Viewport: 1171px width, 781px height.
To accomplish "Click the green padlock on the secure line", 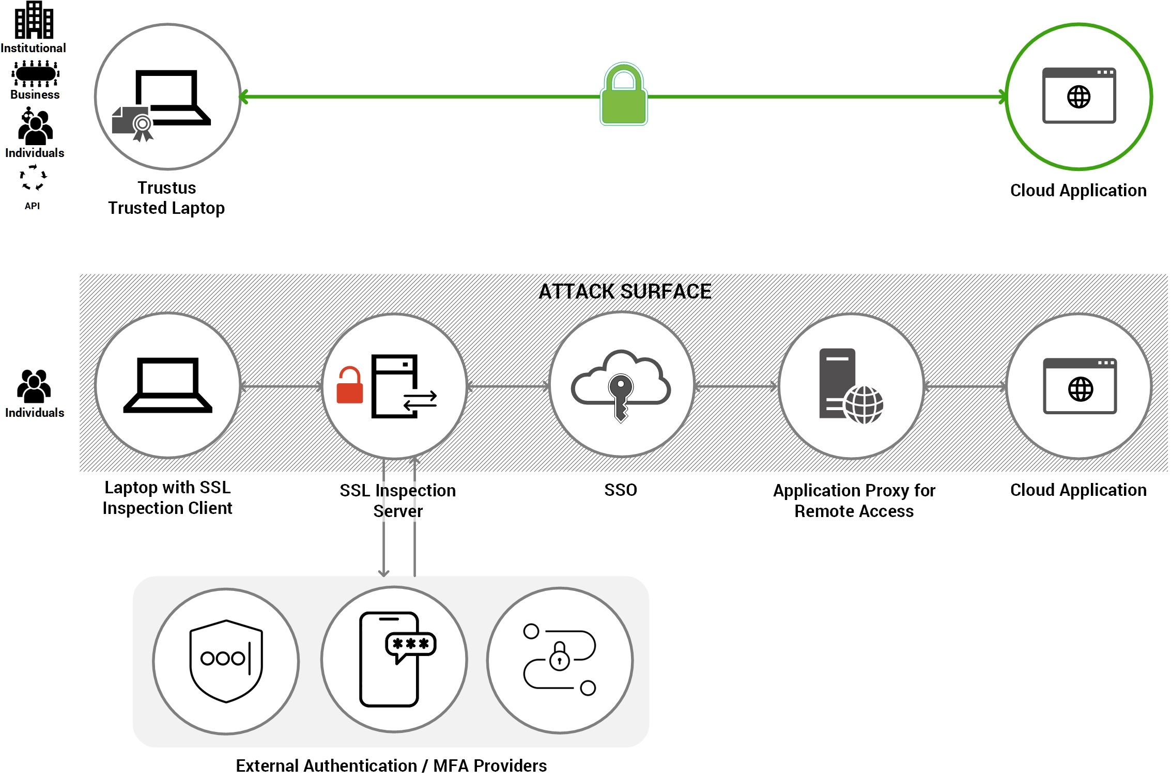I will point(624,95).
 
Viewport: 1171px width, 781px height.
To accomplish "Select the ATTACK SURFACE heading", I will point(625,292).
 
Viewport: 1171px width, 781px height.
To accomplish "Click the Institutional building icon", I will point(34,20).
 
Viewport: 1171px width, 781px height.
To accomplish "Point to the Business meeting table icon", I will point(35,74).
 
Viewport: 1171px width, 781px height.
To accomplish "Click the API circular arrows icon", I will point(33,178).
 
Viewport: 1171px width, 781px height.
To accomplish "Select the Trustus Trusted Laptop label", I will point(166,198).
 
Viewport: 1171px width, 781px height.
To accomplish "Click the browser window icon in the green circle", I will point(1079,96).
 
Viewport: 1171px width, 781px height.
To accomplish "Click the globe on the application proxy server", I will point(864,405).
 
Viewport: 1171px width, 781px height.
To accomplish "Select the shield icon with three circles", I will point(226,661).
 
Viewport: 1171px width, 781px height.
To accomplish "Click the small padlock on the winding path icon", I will point(560,657).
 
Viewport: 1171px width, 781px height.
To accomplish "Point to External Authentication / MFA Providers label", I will point(391,766).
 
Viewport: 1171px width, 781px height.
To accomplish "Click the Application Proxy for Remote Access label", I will point(854,501).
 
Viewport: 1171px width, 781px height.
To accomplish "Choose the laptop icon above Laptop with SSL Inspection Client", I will point(167,385).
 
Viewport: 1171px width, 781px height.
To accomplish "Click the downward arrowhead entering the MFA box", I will point(383,572).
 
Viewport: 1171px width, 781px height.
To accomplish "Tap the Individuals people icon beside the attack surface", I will point(34,386).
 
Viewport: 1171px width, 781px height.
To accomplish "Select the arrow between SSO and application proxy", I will point(736,386).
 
